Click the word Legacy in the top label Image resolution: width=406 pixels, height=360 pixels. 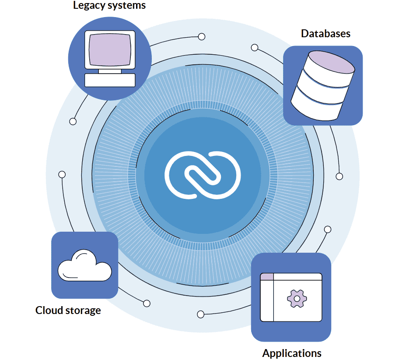[x=87, y=6]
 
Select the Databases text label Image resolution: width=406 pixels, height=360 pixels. [x=325, y=34]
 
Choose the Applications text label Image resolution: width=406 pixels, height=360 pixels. [x=292, y=353]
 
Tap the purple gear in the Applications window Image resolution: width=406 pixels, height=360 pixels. [x=297, y=298]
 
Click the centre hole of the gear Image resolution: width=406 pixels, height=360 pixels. [x=297, y=298]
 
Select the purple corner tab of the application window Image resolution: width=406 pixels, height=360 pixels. [x=267, y=276]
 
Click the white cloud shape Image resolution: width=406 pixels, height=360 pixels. [x=84, y=266]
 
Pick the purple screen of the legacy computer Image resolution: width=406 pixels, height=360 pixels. [x=109, y=48]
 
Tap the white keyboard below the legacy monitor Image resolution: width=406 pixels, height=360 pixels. [x=110, y=80]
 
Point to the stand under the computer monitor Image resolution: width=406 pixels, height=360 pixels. [x=110, y=71]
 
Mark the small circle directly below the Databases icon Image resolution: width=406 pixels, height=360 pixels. [x=339, y=176]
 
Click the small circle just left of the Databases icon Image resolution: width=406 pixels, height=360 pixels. [x=255, y=47]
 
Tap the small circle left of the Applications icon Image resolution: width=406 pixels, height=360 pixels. [x=201, y=314]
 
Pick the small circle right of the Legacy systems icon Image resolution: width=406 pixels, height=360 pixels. [x=202, y=37]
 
